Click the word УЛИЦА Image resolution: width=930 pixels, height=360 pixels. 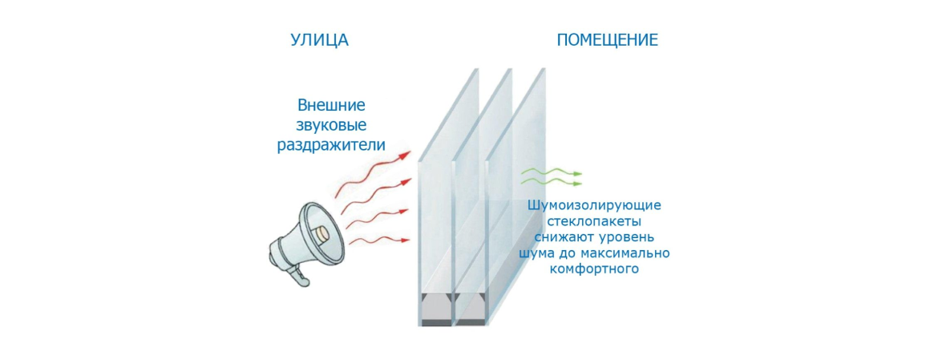click(319, 40)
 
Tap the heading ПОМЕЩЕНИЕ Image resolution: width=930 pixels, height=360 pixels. click(607, 40)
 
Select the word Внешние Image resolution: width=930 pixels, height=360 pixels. click(331, 105)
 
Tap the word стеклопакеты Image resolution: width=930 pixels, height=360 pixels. click(594, 221)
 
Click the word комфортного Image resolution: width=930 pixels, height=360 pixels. click(594, 269)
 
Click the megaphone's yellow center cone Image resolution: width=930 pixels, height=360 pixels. click(321, 233)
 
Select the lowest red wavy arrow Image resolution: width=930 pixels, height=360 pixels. click(383, 240)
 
